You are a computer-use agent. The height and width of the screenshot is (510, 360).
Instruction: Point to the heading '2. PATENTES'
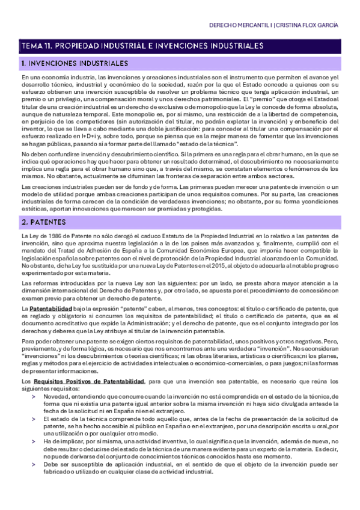point(44,222)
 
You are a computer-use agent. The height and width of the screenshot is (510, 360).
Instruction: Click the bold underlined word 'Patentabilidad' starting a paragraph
point(50,309)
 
